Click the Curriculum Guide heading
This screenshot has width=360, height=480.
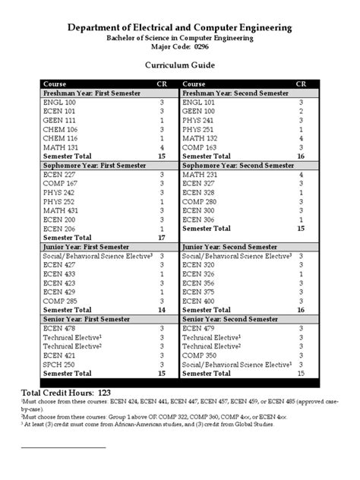coord(179,66)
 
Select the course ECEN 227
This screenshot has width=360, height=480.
coord(58,174)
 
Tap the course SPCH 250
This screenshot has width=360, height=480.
coord(58,364)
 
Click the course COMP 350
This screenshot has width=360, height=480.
coord(200,355)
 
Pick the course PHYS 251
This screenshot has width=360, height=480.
coord(198,129)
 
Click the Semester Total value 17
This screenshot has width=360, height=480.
coord(161,237)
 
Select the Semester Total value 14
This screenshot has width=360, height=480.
coord(161,310)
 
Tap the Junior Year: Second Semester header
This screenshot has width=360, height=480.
coord(231,247)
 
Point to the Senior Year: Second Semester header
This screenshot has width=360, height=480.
coord(231,319)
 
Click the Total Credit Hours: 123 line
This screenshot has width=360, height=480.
coord(66,392)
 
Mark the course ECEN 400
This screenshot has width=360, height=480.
coord(198,301)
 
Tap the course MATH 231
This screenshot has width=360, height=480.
coord(199,174)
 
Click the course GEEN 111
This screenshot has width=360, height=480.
coord(58,120)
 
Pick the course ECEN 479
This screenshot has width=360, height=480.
coord(198,328)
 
